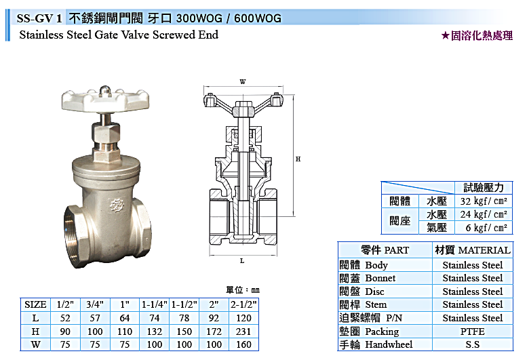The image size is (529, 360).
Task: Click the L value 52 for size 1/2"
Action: [x=65, y=318]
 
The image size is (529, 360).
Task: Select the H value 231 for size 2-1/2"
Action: [x=243, y=332]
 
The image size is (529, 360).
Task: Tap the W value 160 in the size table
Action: [x=243, y=344]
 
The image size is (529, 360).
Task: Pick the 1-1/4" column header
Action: [x=154, y=304]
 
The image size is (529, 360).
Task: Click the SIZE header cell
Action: [x=35, y=304]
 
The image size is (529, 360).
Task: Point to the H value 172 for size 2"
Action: [x=214, y=332]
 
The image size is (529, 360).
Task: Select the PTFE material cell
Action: [x=472, y=332]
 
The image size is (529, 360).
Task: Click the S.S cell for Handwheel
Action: [x=472, y=344]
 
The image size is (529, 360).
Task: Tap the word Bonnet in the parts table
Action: [x=380, y=278]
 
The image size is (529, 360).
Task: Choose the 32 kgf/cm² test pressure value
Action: [x=484, y=201]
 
